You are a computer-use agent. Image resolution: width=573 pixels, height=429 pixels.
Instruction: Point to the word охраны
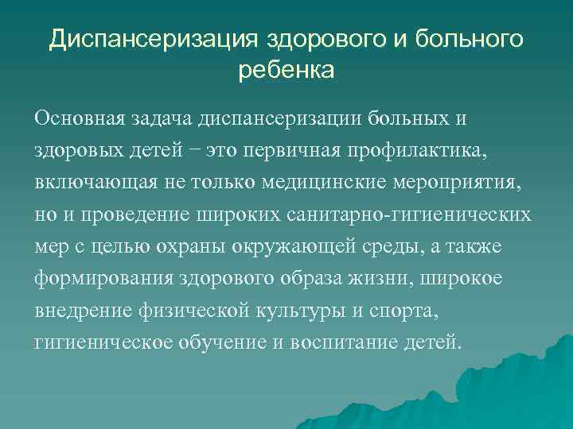[x=192, y=247]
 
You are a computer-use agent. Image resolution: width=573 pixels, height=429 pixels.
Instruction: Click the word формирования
[x=99, y=280]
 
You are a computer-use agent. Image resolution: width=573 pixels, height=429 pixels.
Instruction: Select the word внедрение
[x=81, y=311]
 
